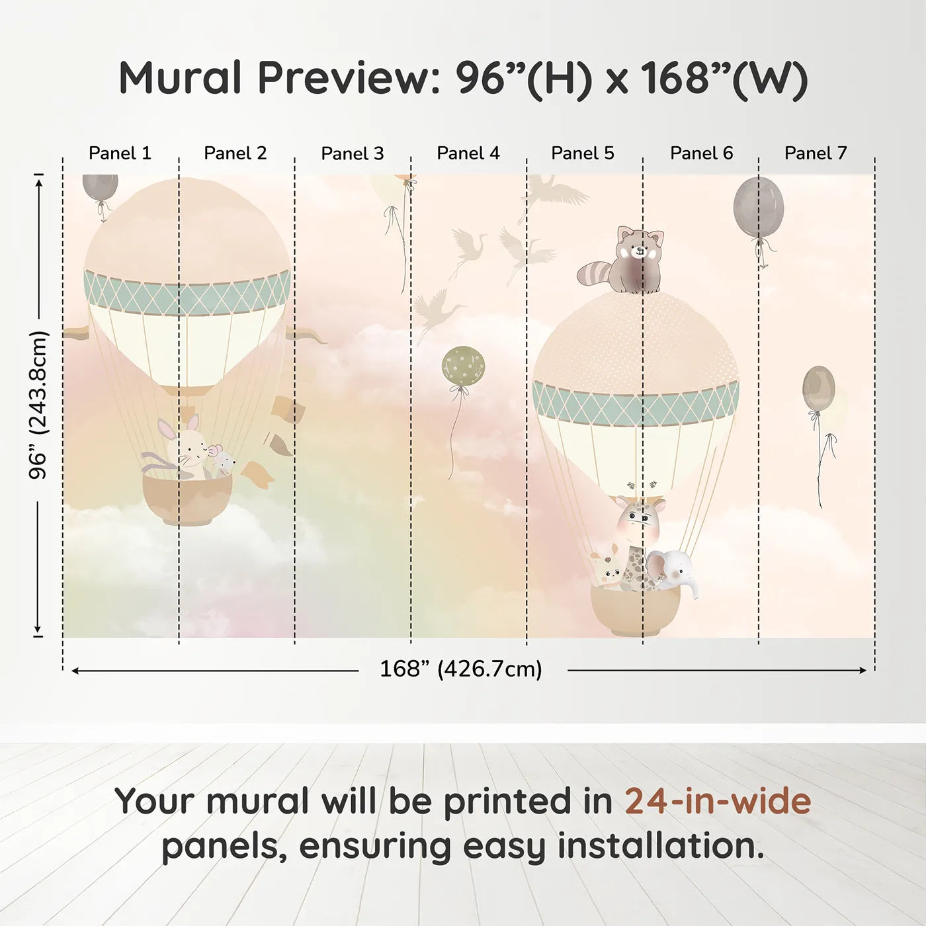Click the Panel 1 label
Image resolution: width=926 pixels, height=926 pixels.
120,153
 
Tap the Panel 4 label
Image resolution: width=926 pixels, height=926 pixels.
468,153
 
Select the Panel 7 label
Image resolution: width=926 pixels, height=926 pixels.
816,153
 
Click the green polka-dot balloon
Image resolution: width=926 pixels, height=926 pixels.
463,366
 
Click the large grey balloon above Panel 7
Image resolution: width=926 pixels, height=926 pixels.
758,208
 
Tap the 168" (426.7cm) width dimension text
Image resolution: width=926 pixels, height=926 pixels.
461,669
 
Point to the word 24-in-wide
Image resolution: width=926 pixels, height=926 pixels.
718,802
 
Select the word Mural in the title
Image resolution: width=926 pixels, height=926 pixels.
180,78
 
